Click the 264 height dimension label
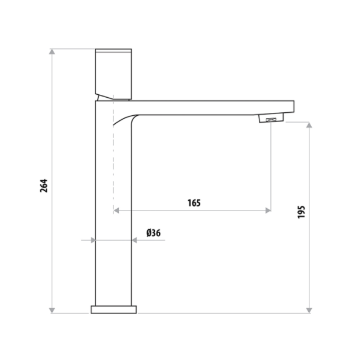(44, 186)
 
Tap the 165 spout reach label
(194, 203)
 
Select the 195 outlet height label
(301, 212)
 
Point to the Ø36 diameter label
(154, 233)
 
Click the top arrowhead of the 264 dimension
(52, 51)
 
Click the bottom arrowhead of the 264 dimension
(52, 311)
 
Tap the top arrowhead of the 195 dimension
(309, 125)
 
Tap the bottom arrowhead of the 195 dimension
(309, 311)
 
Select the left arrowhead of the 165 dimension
(116, 211)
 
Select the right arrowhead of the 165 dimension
(268, 211)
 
